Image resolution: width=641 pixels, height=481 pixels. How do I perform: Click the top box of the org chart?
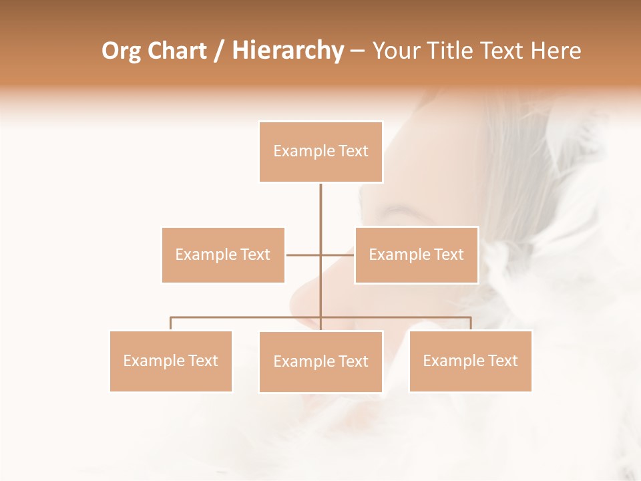[x=320, y=152]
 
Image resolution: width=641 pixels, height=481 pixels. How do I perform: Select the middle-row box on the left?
[x=223, y=255]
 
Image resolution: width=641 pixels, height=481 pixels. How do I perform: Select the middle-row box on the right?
[x=416, y=255]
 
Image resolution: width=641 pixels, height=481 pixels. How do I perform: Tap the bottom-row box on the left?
[x=170, y=361]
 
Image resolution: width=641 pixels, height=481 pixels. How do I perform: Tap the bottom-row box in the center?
[x=320, y=361]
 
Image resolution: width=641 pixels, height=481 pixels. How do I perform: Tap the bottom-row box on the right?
[x=470, y=361]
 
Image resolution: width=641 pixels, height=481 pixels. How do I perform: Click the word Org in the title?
[x=121, y=51]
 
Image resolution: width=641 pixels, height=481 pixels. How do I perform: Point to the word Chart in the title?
[x=177, y=51]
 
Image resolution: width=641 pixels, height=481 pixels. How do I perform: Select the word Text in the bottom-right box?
[x=503, y=361]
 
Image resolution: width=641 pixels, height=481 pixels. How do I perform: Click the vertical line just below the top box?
[x=320, y=200]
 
